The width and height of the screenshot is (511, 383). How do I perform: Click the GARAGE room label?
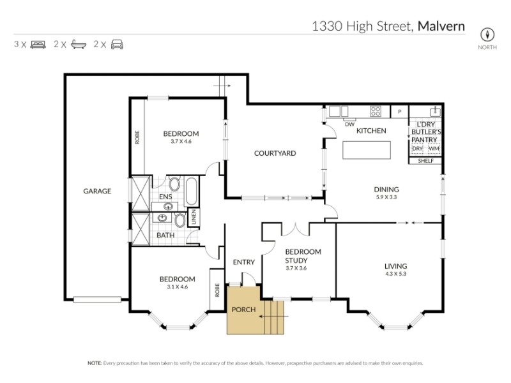97,191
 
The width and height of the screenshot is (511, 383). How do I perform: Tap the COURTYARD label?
275,153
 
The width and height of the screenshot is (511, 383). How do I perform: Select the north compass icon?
487,34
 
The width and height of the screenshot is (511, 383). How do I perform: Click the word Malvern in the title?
441,26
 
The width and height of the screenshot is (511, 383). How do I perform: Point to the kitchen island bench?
367,150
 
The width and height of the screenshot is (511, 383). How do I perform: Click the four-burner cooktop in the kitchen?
376,111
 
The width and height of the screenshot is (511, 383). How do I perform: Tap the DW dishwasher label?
349,124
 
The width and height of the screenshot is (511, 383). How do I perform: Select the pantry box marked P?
400,112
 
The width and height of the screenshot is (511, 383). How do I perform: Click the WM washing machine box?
434,149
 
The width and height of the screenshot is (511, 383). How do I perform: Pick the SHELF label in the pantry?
425,161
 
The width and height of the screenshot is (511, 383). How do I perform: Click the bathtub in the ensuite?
191,191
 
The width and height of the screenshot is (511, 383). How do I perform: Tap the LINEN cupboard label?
194,217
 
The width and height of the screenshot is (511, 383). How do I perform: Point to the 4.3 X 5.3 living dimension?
395,274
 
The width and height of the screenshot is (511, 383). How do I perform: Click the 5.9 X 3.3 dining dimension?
386,197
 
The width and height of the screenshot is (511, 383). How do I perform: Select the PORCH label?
244,310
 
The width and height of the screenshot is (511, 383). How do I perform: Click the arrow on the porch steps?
274,316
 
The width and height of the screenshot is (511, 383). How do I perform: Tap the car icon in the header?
117,44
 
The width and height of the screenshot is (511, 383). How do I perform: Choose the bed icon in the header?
38,45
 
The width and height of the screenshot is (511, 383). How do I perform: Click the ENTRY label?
244,262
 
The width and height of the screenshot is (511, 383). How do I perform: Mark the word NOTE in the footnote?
95,363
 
